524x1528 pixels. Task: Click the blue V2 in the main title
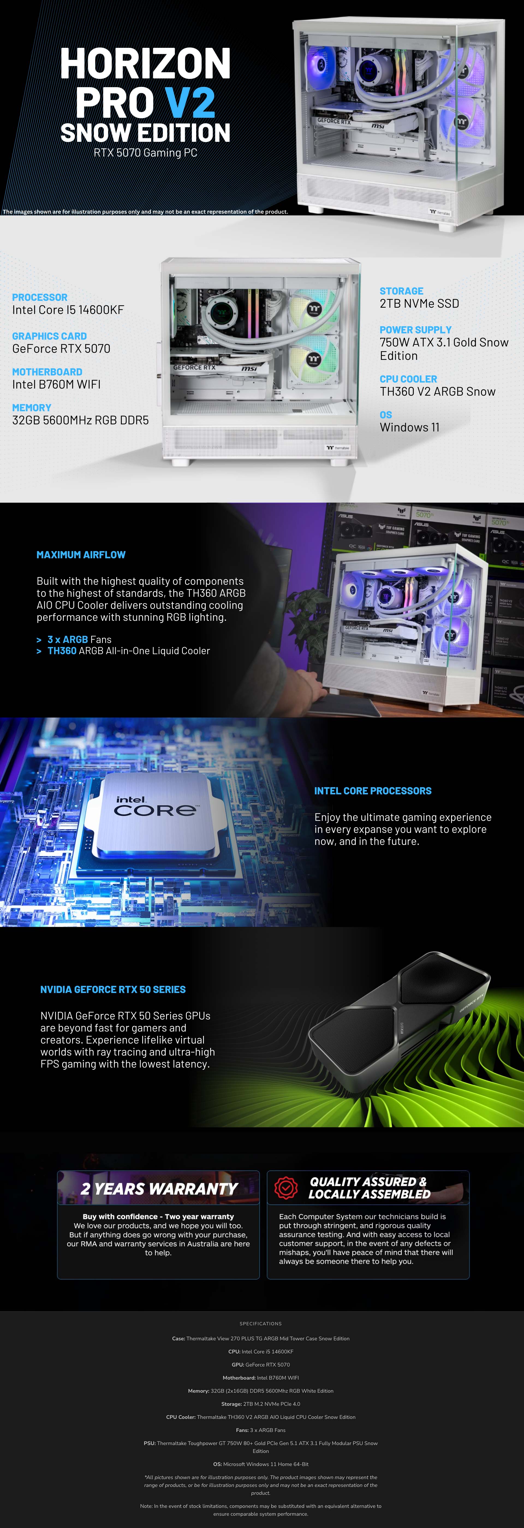(190, 103)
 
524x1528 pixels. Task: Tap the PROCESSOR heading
(40, 297)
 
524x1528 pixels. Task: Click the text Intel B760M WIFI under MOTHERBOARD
(56, 384)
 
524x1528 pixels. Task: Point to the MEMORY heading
(31, 407)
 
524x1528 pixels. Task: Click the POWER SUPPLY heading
(416, 330)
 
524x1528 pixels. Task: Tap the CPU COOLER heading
(408, 379)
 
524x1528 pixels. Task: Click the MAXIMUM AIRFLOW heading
(81, 555)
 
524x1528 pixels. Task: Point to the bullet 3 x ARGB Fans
(79, 639)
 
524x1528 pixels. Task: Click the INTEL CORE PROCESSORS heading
(373, 791)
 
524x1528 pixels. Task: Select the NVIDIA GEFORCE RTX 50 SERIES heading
(113, 989)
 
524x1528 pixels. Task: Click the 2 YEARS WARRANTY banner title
(159, 1189)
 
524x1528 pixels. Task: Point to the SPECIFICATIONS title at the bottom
(261, 1323)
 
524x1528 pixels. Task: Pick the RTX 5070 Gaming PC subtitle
(145, 152)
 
